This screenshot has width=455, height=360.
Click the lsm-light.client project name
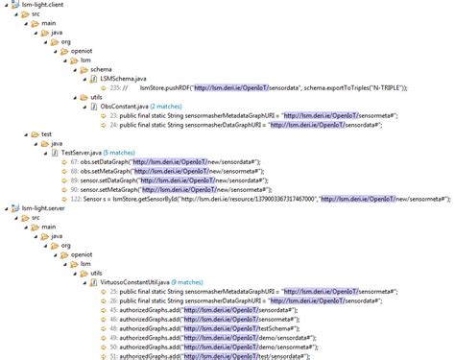38,5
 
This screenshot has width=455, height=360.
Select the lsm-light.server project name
39,207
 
